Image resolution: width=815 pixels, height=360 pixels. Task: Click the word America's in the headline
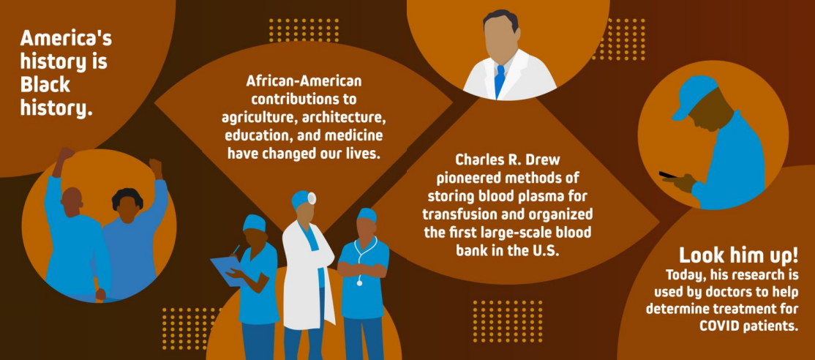click(x=66, y=38)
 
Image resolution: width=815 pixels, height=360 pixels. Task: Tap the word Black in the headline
click(x=45, y=85)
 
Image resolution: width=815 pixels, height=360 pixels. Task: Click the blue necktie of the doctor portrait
click(x=499, y=80)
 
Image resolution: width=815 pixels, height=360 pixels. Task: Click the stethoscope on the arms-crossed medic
click(x=358, y=263)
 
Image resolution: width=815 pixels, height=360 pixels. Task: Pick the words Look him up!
click(x=737, y=255)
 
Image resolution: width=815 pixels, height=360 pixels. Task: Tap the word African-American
click(x=304, y=80)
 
